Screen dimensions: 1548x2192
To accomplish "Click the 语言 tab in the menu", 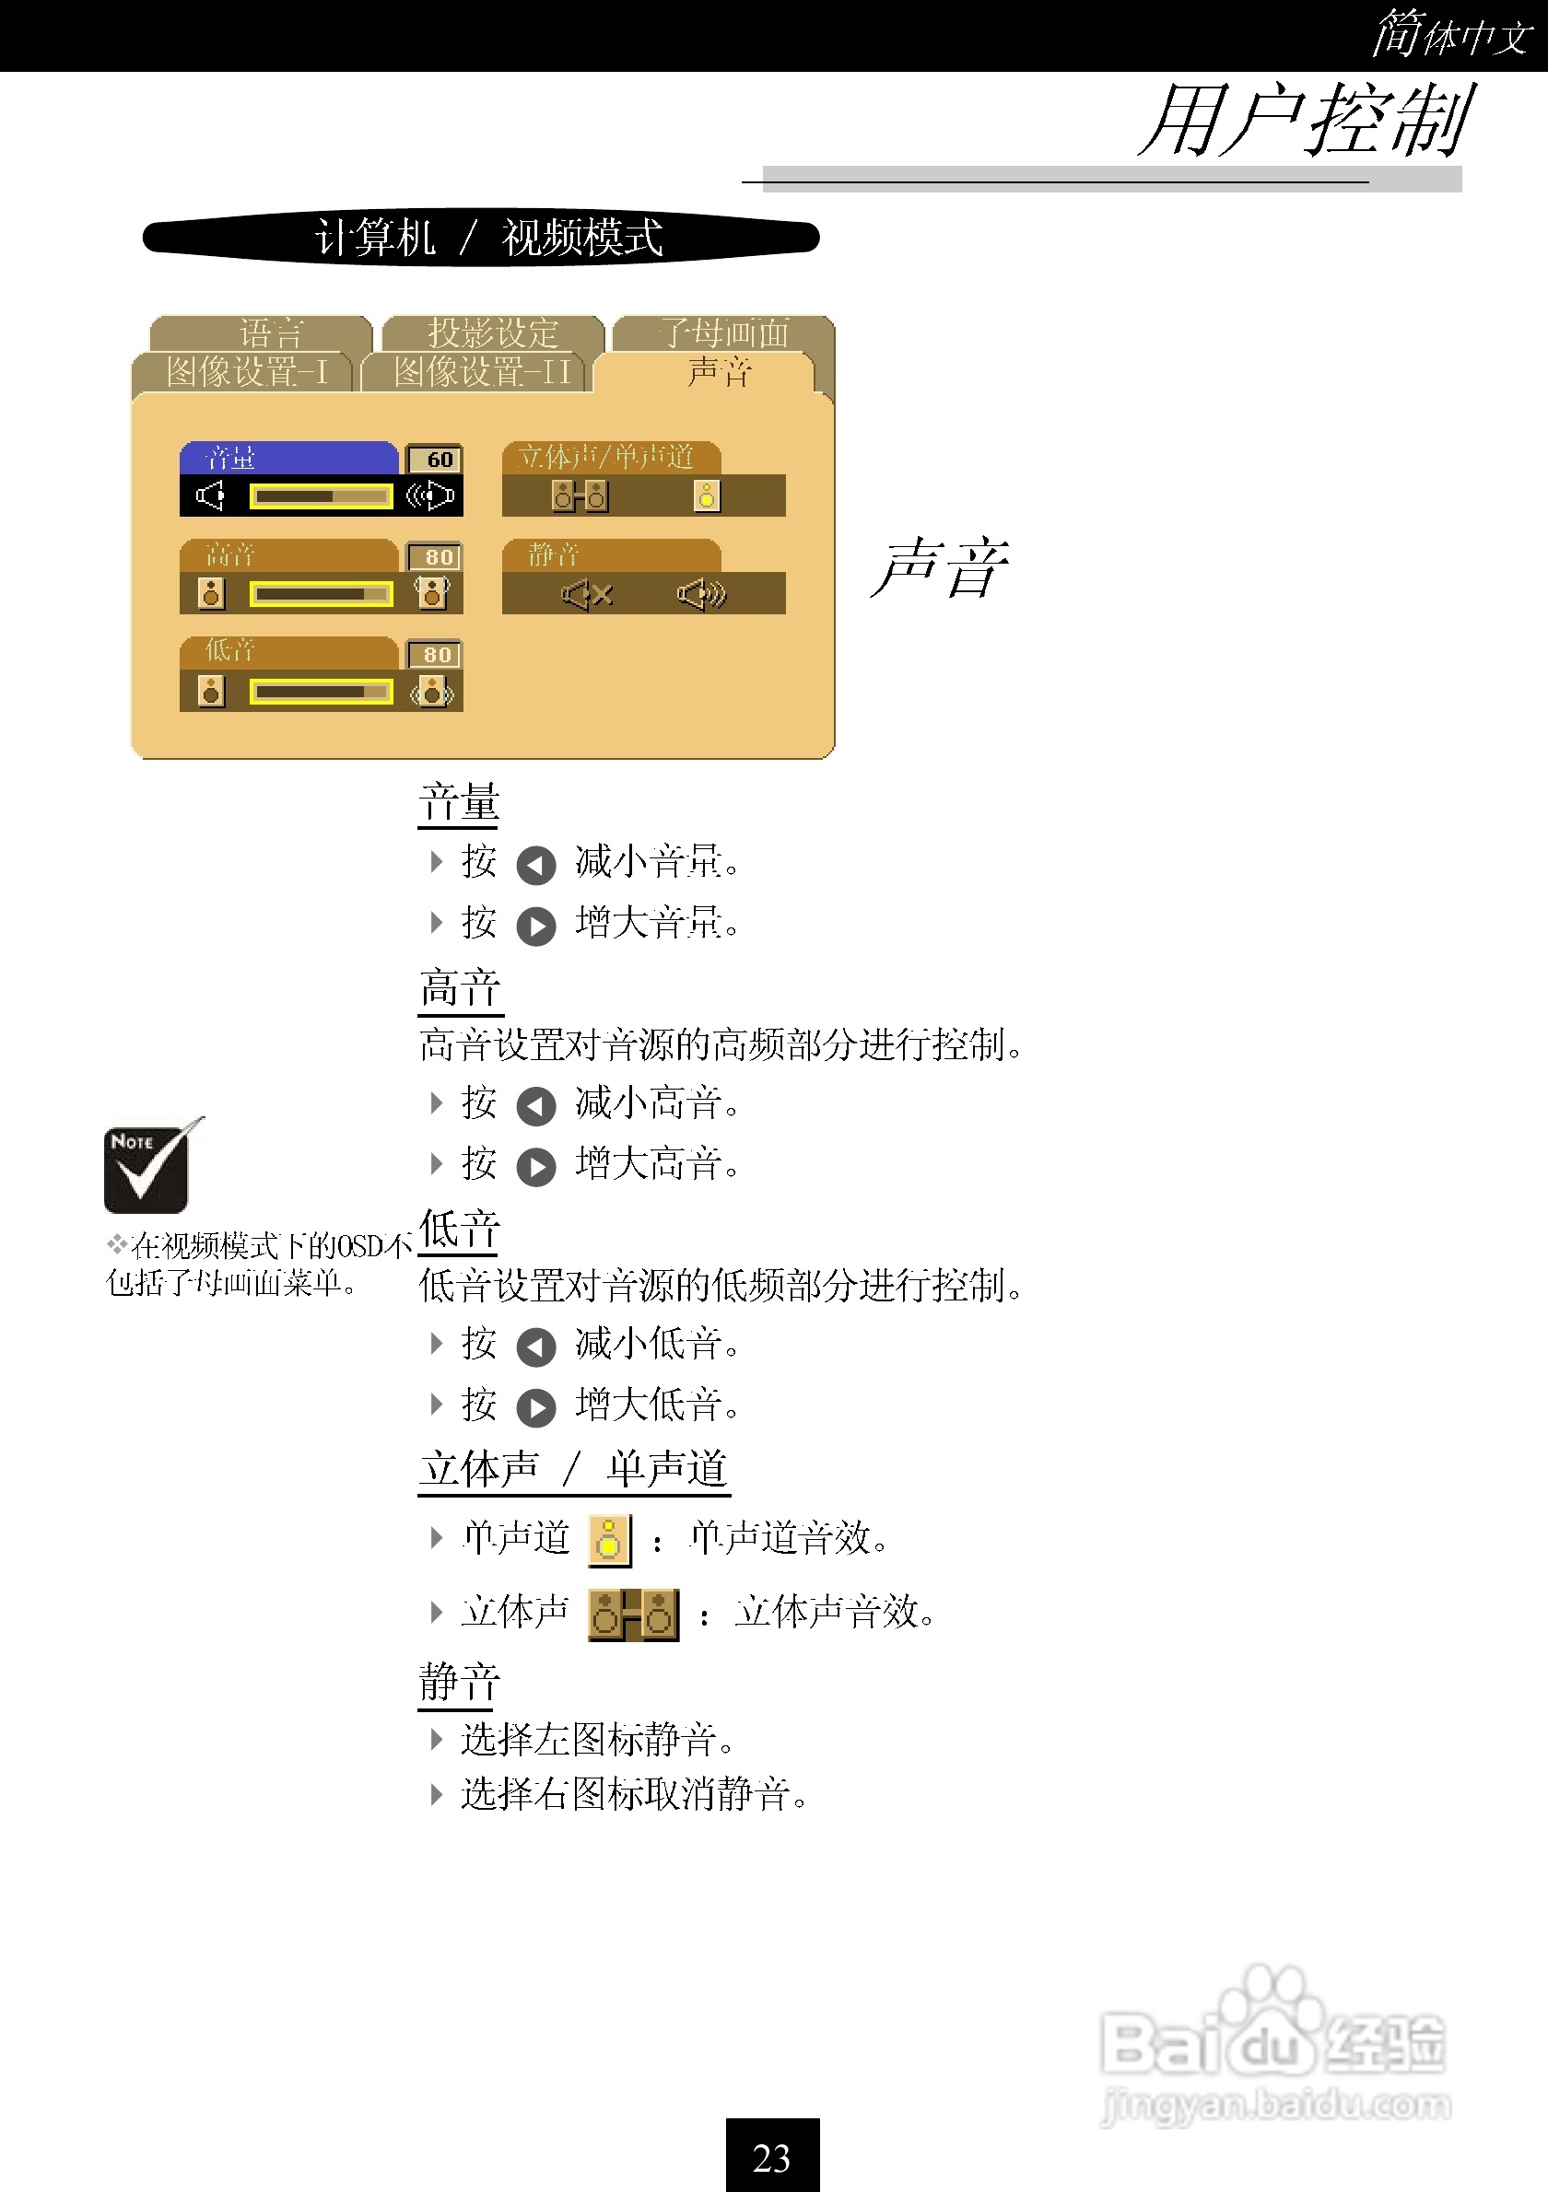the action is point(270,333).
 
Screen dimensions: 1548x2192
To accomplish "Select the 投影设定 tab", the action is point(493,333).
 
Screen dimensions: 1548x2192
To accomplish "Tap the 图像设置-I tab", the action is point(246,371).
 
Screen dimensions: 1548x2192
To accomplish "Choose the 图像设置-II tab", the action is point(482,371).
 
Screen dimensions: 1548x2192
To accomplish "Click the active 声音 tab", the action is point(719,371).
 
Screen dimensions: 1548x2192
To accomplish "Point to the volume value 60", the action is point(439,460).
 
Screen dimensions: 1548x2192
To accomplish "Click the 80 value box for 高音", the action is point(438,556).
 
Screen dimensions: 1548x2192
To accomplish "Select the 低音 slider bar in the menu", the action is point(321,691).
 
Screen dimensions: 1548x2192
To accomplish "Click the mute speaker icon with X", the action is point(586,595).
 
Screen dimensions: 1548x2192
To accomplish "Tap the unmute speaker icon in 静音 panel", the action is point(702,595).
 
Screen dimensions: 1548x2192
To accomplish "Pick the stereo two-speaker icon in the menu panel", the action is point(580,496).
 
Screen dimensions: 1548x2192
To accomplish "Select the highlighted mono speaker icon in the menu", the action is point(707,496).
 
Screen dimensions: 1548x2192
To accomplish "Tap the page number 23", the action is point(771,2157).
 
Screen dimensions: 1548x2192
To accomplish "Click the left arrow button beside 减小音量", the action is point(535,865).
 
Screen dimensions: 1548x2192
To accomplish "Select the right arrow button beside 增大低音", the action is point(535,1407).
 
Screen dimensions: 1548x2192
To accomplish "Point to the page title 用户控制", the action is point(1306,122).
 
